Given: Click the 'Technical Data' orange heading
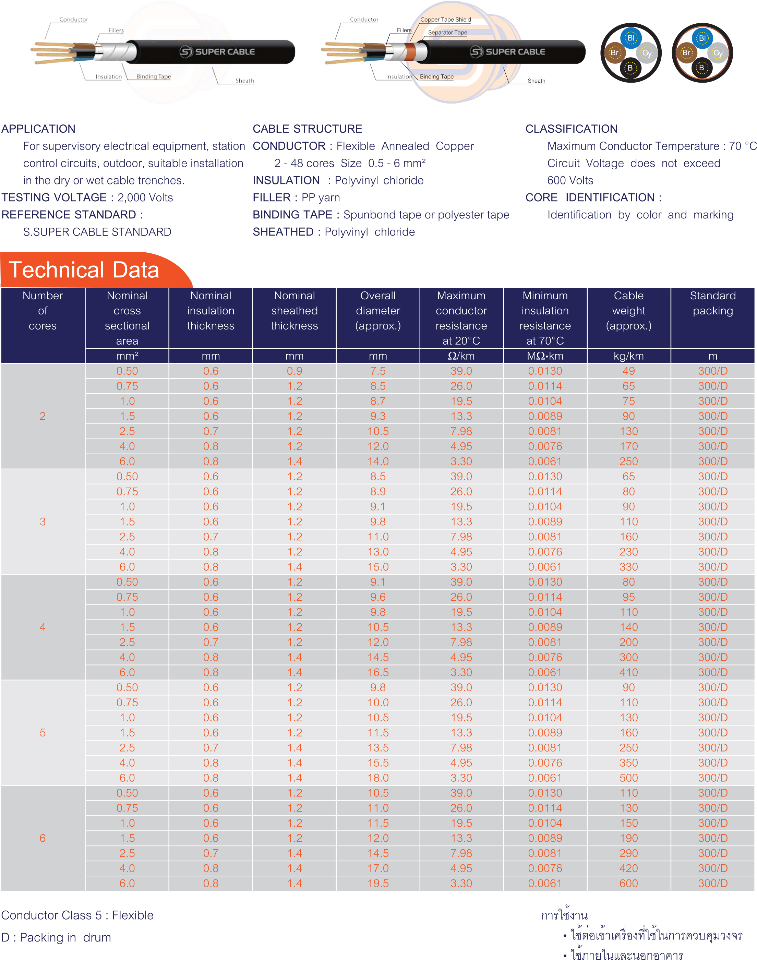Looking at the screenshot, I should coord(84,270).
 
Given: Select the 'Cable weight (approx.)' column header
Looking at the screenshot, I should coord(628,310).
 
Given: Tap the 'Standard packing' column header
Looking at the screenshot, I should coord(712,303).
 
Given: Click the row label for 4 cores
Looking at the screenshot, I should coord(43,627).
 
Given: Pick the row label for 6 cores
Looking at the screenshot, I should coord(43,838).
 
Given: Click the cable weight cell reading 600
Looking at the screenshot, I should coord(628,883).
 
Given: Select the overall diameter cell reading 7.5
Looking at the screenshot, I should coord(377,371).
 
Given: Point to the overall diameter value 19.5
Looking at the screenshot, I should coord(377,883).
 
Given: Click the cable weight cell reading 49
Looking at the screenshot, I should coord(628,371).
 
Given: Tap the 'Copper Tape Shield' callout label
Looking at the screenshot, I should coord(445,20).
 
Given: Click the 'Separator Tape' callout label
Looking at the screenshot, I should coord(447,32).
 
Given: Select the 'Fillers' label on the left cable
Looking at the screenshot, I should coord(116,31).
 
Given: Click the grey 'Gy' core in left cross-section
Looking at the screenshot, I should coord(647,53).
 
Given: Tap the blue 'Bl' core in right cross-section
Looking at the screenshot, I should coord(702,38).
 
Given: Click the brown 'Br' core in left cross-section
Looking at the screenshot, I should coord(614,53).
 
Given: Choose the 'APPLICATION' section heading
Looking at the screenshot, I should coord(38,129).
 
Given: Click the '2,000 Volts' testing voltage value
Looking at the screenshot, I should coord(145,198).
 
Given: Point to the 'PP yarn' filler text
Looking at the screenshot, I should coord(321,198).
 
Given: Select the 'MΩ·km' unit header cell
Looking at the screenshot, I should coord(545,356).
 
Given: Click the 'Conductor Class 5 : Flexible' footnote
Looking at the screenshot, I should coord(77,915).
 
